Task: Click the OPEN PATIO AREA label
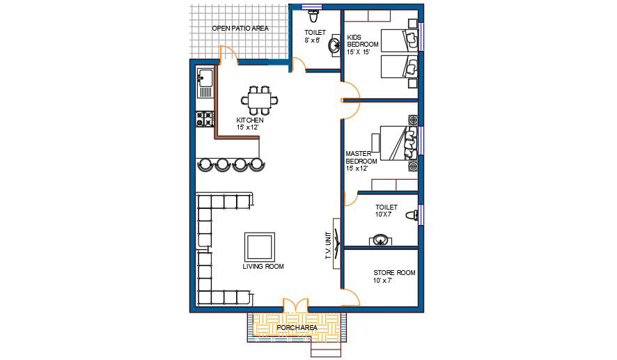(240, 29)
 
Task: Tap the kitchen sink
(205, 83)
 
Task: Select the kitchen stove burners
(205, 119)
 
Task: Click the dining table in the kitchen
(259, 100)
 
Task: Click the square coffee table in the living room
(260, 246)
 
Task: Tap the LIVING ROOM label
(263, 267)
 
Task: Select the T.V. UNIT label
(328, 245)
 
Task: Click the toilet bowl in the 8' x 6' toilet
(313, 17)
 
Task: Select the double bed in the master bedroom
(398, 143)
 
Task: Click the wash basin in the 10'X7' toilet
(380, 240)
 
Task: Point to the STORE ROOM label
(394, 273)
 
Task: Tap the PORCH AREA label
(297, 328)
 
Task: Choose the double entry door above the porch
(295, 306)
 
